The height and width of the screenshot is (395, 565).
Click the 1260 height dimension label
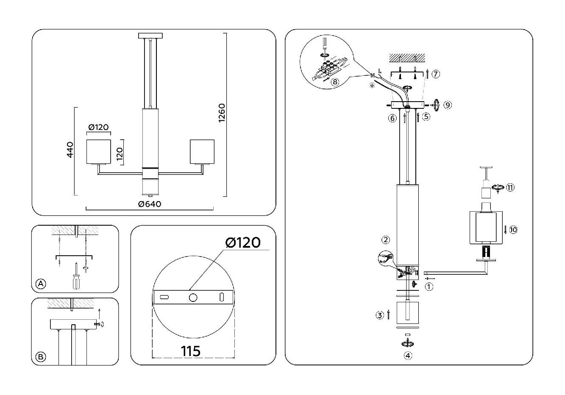(x=222, y=113)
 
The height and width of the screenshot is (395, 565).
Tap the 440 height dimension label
(x=70, y=149)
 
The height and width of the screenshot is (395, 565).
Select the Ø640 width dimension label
(x=150, y=204)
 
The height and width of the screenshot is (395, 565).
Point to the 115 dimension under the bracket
(x=191, y=351)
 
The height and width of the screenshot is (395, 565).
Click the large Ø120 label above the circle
(x=243, y=242)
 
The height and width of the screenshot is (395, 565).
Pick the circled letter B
(x=41, y=357)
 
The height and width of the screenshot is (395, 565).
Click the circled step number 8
(x=335, y=82)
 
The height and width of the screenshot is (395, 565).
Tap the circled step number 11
(x=510, y=188)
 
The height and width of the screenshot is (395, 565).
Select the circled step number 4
(x=407, y=356)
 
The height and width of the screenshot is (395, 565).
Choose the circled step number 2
(x=385, y=240)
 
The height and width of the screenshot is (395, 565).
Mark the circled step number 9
(x=448, y=105)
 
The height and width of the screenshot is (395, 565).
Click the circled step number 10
(x=513, y=230)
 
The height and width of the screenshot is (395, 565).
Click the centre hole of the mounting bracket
(x=193, y=298)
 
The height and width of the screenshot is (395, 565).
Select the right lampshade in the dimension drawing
(x=202, y=151)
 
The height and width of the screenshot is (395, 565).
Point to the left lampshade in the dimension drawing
(x=98, y=151)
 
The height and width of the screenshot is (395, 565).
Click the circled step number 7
(x=435, y=74)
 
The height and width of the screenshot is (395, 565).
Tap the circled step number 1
(x=429, y=287)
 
